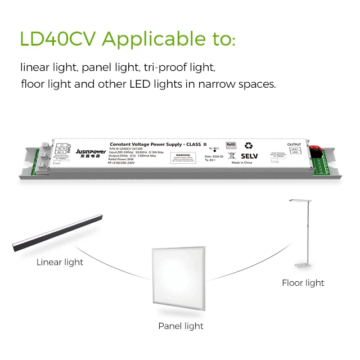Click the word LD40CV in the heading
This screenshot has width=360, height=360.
58,39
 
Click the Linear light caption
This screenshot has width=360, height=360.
60,262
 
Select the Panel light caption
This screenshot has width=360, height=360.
181,326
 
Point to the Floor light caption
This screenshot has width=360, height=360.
303,282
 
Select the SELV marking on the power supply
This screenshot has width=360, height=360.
249,155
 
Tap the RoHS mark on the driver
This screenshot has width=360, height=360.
231,145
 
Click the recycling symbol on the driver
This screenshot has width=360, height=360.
248,145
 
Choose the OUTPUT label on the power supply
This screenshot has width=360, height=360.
294,145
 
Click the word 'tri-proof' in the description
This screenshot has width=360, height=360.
164,68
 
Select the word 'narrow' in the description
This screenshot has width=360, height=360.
212,84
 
